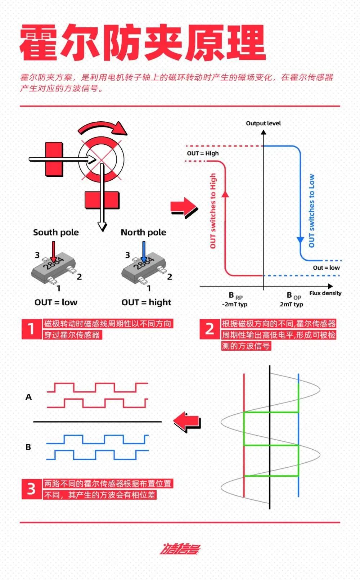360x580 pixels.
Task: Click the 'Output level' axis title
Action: (x=263, y=123)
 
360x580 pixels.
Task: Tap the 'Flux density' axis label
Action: (x=325, y=293)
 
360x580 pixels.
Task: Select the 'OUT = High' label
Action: (x=203, y=153)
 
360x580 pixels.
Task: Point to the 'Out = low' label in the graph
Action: (x=326, y=267)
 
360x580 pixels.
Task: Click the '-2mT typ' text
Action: (x=235, y=304)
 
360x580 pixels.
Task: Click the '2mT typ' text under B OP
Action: (x=292, y=304)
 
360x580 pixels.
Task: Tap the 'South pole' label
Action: (x=56, y=233)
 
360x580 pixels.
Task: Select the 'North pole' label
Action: (x=143, y=233)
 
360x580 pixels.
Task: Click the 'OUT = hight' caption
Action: (x=146, y=302)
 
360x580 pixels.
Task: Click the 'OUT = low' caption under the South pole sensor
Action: (x=56, y=302)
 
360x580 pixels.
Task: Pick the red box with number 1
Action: (x=31, y=329)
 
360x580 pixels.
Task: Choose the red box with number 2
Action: (x=210, y=329)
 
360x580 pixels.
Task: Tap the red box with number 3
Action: (x=31, y=489)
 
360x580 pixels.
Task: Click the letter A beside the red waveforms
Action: (x=29, y=397)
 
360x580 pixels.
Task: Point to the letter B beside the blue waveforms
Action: (x=28, y=447)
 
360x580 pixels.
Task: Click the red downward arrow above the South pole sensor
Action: (x=54, y=251)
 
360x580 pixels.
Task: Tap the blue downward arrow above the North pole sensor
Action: (x=144, y=251)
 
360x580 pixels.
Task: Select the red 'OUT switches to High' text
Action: (x=213, y=211)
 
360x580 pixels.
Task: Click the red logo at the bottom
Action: (x=180, y=549)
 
